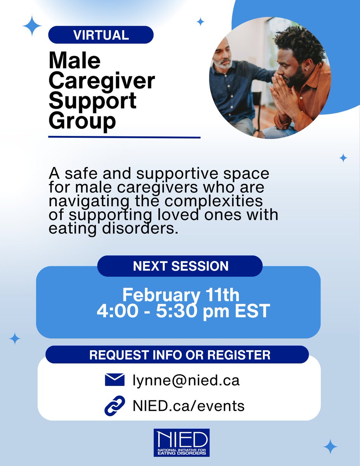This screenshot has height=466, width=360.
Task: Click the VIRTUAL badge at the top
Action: point(101,35)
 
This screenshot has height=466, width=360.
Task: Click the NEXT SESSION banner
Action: point(180,266)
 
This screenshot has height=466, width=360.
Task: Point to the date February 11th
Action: point(181,296)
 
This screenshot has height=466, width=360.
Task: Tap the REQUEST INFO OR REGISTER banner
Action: point(180,355)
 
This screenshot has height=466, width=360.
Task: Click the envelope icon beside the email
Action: point(115,379)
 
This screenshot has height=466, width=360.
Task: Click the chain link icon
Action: point(115,405)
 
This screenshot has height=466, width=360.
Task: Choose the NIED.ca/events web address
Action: point(188,406)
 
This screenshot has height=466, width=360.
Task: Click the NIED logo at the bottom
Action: point(181,442)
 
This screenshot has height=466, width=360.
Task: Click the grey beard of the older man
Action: point(224,64)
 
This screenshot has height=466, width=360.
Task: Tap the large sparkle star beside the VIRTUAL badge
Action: point(32,26)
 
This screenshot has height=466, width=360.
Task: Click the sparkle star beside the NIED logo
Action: point(330,447)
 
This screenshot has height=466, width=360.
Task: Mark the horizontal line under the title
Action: point(124,137)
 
